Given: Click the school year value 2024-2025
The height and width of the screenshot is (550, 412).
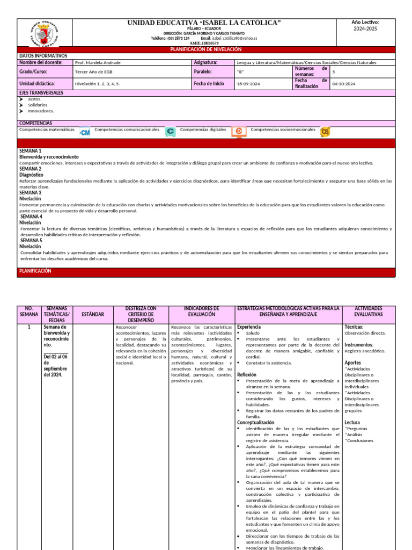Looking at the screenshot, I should coord(365,28).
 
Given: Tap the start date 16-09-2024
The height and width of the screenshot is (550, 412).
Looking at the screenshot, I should coord(249,84).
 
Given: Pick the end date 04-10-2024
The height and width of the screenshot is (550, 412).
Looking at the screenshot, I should coord(344,84).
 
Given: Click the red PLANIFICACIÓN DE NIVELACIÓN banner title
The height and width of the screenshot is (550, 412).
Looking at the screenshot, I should coord(206,49).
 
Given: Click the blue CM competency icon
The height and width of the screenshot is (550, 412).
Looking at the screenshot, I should coord(85,132).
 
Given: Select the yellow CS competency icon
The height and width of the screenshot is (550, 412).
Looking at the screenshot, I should coord(325,132).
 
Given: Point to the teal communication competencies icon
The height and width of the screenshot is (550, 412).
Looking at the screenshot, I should coord(170,132).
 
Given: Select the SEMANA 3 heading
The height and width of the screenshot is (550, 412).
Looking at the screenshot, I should coord(31,192).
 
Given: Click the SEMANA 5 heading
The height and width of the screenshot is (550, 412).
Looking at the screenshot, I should coord(31,241).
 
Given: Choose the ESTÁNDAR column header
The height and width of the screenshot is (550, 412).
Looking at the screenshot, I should coord(93,314).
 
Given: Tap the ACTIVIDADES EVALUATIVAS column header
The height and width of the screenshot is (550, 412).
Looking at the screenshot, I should coord(369,311).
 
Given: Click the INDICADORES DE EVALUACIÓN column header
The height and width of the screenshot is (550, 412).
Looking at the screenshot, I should coord(202,311).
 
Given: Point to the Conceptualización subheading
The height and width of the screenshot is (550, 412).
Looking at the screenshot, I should coord(255,423).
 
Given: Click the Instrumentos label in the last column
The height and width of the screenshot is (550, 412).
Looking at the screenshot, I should coord(359,345).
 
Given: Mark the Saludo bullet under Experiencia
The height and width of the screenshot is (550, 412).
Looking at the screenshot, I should coord(252,333).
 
